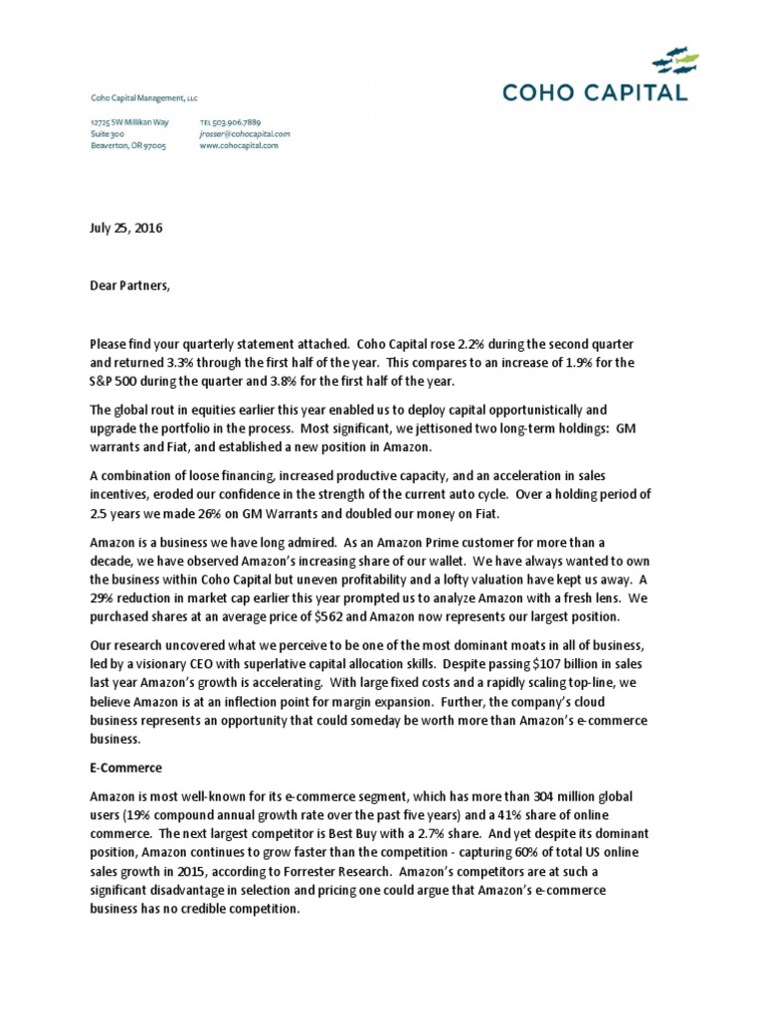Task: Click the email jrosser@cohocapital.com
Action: [245, 132]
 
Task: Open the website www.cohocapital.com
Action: [239, 144]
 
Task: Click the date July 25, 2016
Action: [124, 228]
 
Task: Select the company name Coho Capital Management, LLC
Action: [144, 95]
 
